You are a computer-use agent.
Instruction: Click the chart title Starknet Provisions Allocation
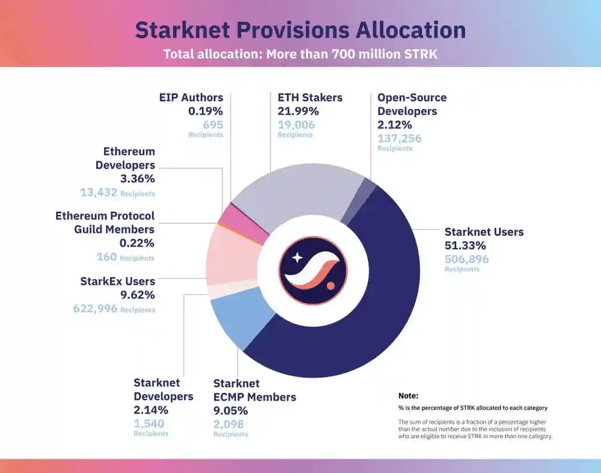click(x=300, y=30)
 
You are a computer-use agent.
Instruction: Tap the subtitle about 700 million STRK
click(x=300, y=54)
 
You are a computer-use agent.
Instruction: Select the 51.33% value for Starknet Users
click(x=465, y=246)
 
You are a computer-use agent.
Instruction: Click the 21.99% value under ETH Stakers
click(x=298, y=111)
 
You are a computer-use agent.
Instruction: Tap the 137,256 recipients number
click(x=399, y=138)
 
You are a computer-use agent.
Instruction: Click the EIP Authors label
click(x=191, y=97)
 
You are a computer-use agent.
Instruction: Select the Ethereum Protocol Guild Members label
click(x=105, y=222)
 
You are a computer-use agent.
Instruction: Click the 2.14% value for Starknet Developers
click(x=150, y=410)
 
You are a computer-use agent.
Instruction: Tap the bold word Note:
click(x=408, y=396)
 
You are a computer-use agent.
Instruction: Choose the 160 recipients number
click(x=106, y=257)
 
